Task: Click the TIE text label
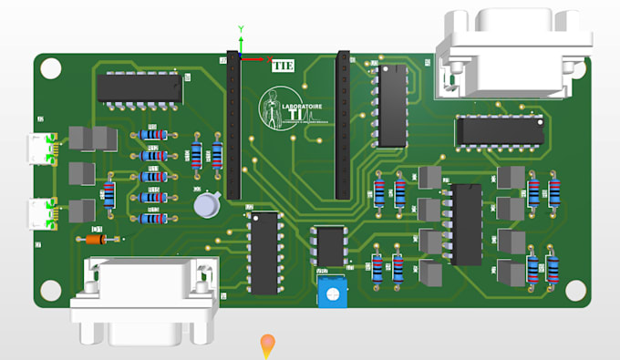point(282,65)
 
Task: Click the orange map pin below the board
point(267,345)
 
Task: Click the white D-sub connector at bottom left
point(145,301)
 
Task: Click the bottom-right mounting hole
point(574,289)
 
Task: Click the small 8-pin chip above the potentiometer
point(329,244)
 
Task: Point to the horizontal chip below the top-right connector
point(499,130)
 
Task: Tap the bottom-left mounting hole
point(51,289)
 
